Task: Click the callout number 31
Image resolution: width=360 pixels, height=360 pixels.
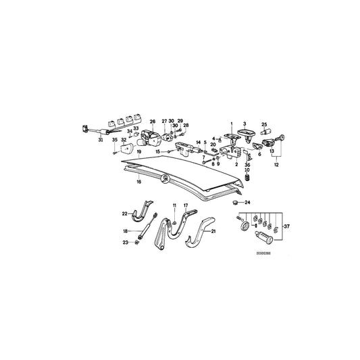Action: (x=101, y=140)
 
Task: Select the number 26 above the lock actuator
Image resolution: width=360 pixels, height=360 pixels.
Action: (x=153, y=122)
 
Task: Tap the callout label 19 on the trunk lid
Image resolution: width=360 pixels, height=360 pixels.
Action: (x=138, y=153)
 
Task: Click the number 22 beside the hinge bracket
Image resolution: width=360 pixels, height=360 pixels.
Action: (x=124, y=214)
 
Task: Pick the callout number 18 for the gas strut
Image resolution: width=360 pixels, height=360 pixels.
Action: (x=124, y=231)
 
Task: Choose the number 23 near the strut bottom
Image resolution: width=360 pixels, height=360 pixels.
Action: (x=124, y=242)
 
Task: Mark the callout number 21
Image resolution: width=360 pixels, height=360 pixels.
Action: (x=214, y=231)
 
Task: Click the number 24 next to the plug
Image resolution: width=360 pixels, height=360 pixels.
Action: (x=247, y=203)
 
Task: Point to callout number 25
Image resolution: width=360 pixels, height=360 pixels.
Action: (x=265, y=124)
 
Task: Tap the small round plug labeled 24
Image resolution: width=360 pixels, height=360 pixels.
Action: (x=235, y=202)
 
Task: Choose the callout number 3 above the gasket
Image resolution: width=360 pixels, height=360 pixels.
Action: (x=245, y=124)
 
